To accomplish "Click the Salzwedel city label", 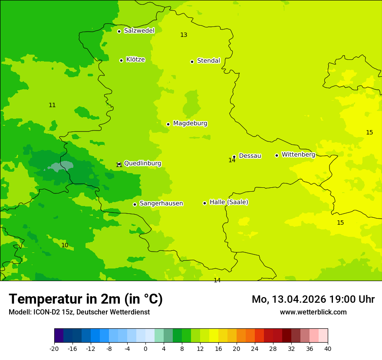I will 139,31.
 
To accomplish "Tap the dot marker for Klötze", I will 121,60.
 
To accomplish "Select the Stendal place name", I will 208,61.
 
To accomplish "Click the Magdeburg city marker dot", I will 168,124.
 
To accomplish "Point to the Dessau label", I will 250,156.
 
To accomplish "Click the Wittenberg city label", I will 298,154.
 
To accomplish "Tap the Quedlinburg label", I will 142,164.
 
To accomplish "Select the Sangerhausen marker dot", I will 135,204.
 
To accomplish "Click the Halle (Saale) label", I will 229,202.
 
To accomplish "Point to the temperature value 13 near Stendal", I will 184,35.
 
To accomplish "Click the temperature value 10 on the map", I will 65,245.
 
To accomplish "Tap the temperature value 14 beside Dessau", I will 232,160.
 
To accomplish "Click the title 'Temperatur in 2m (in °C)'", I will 86,299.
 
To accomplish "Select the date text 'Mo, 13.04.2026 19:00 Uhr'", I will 313,299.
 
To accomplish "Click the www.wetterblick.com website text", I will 313,312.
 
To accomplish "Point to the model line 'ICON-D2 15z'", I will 79,312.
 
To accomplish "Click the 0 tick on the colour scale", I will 145,348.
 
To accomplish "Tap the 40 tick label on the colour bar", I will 328,348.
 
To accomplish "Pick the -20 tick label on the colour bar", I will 54,348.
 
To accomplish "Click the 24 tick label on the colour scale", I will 255,348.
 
